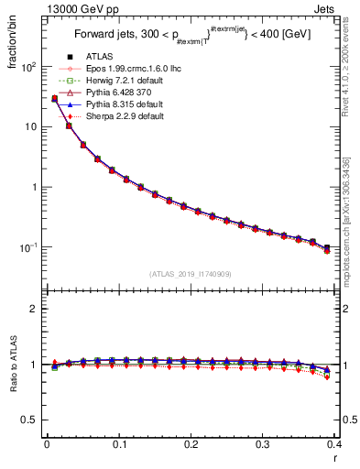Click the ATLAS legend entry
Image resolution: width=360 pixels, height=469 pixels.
(x=99, y=58)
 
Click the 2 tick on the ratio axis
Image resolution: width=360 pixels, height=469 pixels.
(x=31, y=309)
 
